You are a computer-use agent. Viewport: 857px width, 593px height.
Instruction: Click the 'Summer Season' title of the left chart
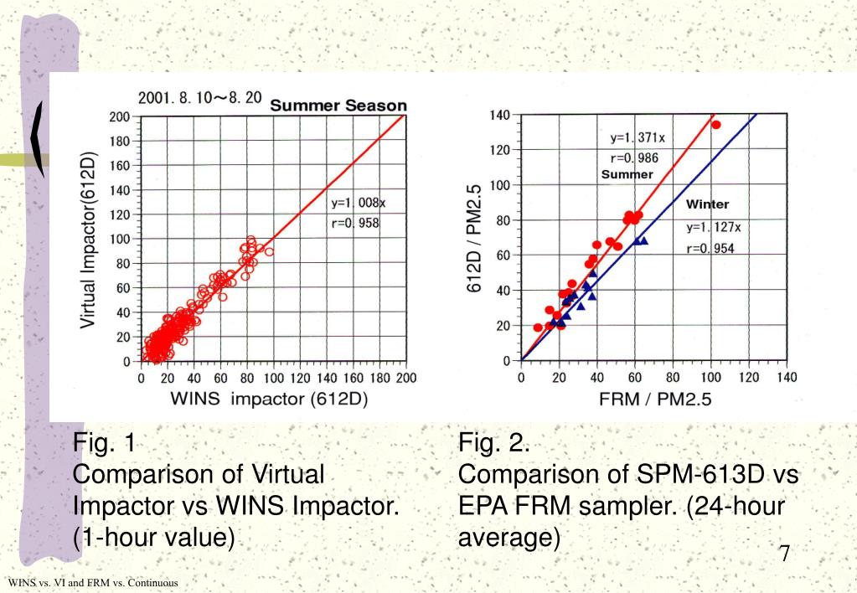click(338, 106)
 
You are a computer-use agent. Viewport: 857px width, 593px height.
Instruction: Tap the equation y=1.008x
click(358, 202)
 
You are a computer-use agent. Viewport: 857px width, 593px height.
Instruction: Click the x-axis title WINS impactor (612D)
click(270, 399)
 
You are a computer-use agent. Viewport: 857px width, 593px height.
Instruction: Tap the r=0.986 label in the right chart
click(630, 157)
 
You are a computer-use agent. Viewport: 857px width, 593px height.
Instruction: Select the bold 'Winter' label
click(707, 204)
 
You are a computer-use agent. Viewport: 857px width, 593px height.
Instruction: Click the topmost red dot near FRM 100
click(716, 125)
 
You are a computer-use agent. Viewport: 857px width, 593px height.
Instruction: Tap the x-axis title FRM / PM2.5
click(655, 400)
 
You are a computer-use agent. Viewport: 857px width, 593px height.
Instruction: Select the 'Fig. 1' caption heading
click(104, 441)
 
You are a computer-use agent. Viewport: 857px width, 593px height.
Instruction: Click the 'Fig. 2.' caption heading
click(493, 441)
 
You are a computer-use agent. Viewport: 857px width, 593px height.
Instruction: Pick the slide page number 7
click(785, 554)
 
